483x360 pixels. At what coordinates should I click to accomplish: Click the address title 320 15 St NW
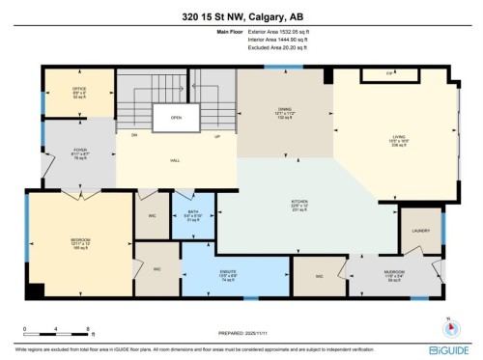click(241, 14)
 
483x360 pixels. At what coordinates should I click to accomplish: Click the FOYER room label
click(81, 151)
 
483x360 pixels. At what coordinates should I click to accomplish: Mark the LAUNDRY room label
click(419, 231)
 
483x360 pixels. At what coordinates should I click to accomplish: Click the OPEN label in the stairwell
click(177, 119)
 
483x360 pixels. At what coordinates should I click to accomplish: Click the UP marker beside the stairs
click(217, 137)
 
